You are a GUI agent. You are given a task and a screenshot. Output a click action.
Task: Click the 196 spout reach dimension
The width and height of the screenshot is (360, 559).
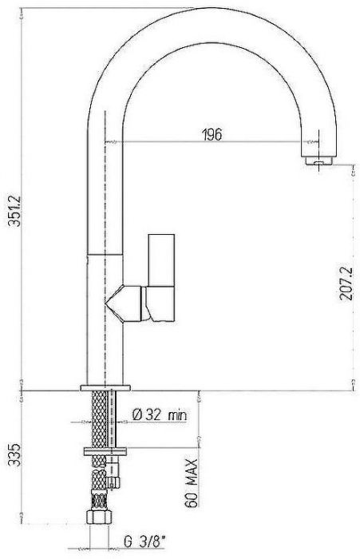point(212,135)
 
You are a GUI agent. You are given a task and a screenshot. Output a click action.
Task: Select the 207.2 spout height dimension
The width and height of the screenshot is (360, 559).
point(346,283)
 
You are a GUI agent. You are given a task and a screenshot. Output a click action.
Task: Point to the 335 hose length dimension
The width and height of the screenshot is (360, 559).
point(15,455)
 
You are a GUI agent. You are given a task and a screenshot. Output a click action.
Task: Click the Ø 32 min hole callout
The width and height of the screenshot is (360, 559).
point(160,414)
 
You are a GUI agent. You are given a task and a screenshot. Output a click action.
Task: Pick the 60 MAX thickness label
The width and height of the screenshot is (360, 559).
point(192,483)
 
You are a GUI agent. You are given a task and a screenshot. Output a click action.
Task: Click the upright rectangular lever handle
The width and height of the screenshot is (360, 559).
point(161,260)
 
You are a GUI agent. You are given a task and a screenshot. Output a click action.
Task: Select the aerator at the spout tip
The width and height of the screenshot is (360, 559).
point(319,161)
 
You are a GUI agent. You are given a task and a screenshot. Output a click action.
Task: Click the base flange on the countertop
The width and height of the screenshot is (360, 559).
point(105,388)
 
